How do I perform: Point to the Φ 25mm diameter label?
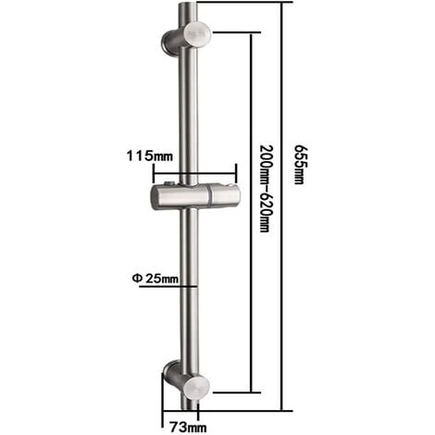point(155,278)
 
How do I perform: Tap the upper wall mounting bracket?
point(186,39)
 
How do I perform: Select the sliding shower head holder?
point(195,195)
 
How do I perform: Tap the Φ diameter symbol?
point(135,278)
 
